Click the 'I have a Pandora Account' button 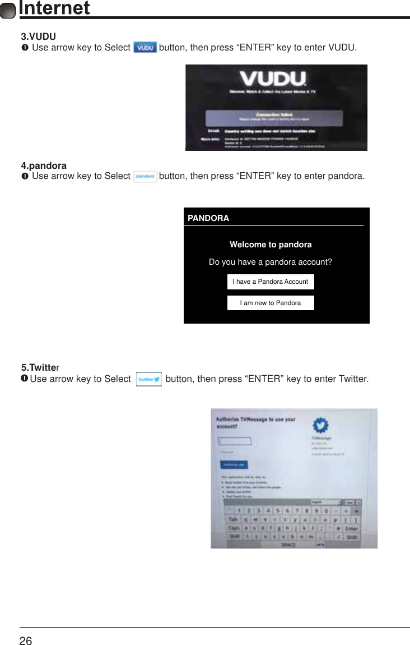[x=271, y=282]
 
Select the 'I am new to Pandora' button [x=271, y=303]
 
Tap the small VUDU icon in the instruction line [x=146, y=48]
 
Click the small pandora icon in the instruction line [x=146, y=176]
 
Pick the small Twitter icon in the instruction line [x=149, y=379]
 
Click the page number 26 [x=26, y=641]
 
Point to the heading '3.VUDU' [x=38, y=37]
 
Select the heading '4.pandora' [x=44, y=166]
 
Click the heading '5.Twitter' [x=40, y=368]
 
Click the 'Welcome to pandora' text [x=271, y=245]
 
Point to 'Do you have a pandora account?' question [x=271, y=262]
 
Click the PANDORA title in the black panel [x=208, y=218]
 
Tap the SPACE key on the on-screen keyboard [x=288, y=545]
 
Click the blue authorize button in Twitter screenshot [x=233, y=464]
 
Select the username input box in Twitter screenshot [x=235, y=441]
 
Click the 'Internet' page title [x=54, y=8]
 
